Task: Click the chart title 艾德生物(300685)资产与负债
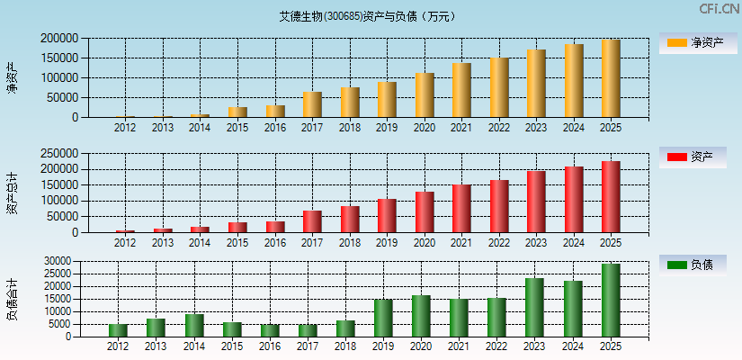[x=367, y=16]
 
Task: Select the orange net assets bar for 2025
[x=611, y=78]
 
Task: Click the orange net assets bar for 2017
[x=312, y=104]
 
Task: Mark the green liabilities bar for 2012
[x=118, y=330]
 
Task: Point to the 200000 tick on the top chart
[x=58, y=39]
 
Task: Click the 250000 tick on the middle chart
[x=58, y=153]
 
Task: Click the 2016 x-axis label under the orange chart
[x=274, y=127]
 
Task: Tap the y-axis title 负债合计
[x=12, y=299]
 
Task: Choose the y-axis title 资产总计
[x=12, y=193]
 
